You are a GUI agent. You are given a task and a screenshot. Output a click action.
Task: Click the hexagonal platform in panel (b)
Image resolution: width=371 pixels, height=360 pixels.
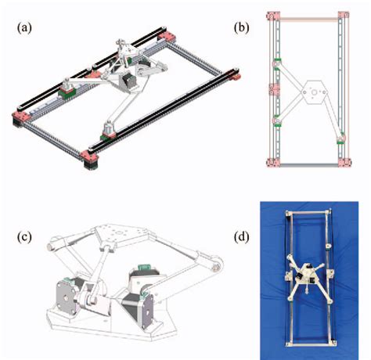[312, 92]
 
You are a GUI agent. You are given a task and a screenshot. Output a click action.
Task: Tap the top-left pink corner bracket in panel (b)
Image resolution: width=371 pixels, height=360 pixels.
[272, 16]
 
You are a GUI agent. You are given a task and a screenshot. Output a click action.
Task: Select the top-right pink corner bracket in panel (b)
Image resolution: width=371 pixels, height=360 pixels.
[343, 16]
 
